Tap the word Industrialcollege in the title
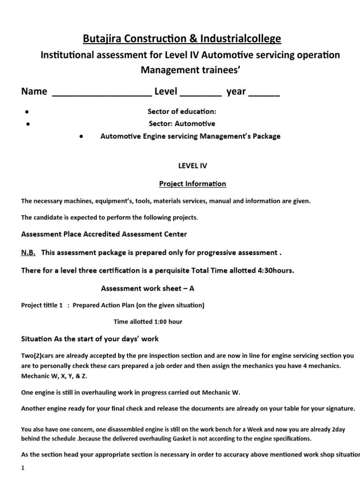pos(241,38)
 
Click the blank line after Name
pos(101,92)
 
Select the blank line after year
pos(263,92)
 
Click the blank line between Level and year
pos(201,92)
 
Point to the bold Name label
pos(34,91)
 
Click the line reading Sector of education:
pos(181,112)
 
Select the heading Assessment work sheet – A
pos(148,288)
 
